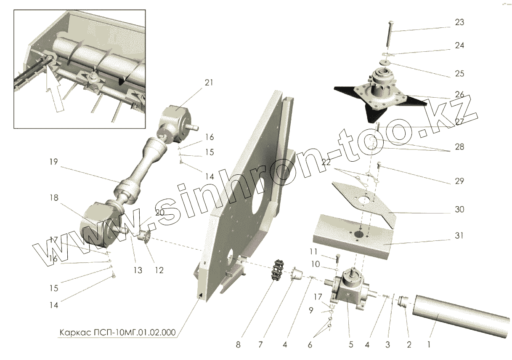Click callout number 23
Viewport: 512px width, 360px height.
tap(459, 22)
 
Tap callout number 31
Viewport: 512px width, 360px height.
tap(459, 235)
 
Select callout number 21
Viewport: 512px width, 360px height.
tap(209, 83)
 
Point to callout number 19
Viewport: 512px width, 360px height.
tap(54, 162)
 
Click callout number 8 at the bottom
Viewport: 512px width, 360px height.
tap(238, 345)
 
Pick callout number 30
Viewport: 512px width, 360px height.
tap(459, 209)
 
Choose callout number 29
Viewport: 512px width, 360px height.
tap(459, 181)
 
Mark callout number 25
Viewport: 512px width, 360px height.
tap(459, 74)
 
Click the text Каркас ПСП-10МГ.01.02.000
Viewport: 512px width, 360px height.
tap(117, 332)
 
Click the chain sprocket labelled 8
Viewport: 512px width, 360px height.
tap(277, 273)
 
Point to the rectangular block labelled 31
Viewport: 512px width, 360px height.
tap(353, 237)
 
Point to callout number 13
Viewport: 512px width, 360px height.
tap(138, 271)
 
